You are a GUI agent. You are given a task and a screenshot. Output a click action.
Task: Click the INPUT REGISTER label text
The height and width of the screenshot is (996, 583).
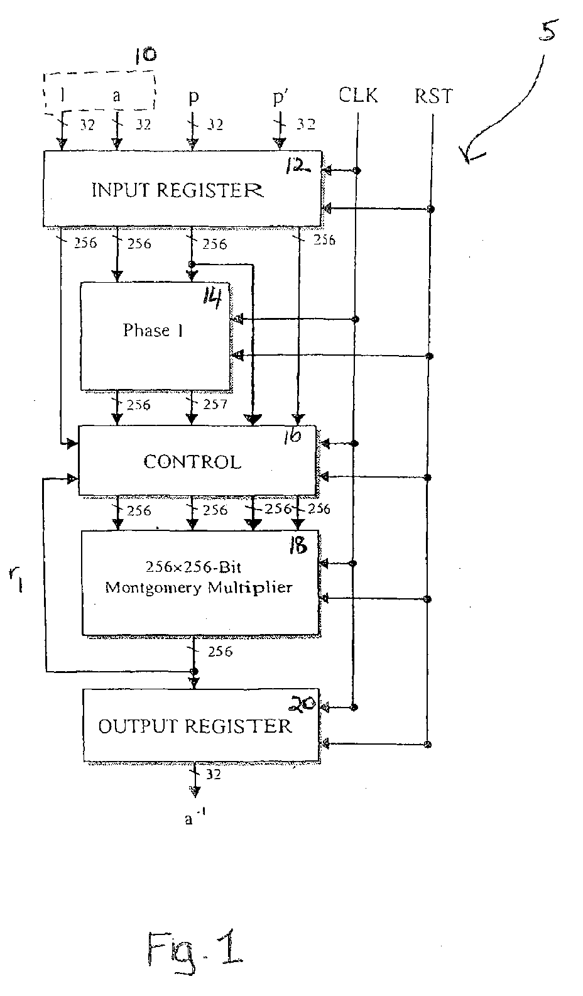coord(177,190)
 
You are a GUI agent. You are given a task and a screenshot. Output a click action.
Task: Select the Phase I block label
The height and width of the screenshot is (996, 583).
coord(153,331)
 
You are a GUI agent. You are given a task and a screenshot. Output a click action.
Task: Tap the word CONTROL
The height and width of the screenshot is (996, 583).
coord(192,462)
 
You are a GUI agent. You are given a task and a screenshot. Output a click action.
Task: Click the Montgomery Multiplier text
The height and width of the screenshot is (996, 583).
coord(199,588)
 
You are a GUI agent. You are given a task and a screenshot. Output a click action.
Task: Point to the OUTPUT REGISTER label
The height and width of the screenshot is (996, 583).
coord(195,726)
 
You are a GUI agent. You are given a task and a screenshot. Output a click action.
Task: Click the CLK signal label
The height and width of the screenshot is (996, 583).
coord(358,95)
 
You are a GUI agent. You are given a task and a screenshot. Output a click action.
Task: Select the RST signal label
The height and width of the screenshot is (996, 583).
coord(433,96)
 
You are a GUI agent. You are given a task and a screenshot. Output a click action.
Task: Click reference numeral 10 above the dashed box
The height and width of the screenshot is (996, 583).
coord(146,55)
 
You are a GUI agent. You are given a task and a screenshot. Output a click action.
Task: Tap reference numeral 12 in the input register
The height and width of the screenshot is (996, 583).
coord(297,167)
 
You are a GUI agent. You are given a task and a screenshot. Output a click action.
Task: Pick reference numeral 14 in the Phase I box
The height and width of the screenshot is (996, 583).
coord(212,297)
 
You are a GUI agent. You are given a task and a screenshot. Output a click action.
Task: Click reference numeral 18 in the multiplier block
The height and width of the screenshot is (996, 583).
coord(298,545)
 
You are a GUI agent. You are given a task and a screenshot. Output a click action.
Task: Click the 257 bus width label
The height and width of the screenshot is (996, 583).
coord(215,404)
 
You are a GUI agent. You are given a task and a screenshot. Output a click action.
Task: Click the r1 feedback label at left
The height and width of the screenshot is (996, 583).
coord(16,581)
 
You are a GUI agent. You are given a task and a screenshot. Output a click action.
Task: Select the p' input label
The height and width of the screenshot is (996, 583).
coord(279,97)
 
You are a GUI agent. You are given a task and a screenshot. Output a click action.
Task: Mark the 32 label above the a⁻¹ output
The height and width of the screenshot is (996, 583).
coord(213,775)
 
